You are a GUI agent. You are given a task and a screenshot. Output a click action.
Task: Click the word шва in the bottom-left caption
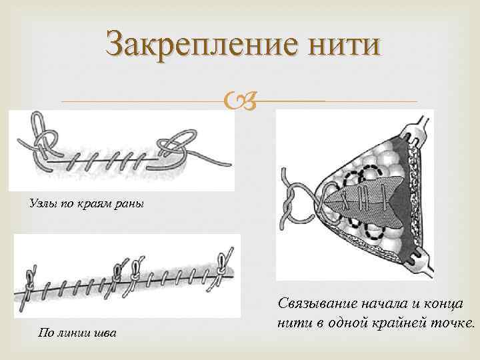(x=103, y=333)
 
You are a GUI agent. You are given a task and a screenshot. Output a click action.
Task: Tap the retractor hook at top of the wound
(x=417, y=130)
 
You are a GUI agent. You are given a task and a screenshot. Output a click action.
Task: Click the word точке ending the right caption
(x=456, y=323)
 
